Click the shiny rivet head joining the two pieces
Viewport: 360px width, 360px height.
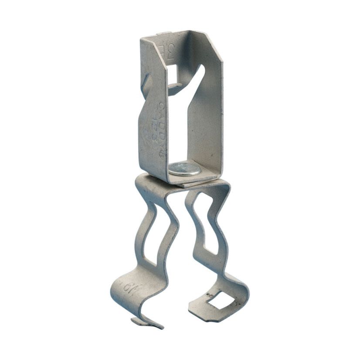click(x=184, y=168)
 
